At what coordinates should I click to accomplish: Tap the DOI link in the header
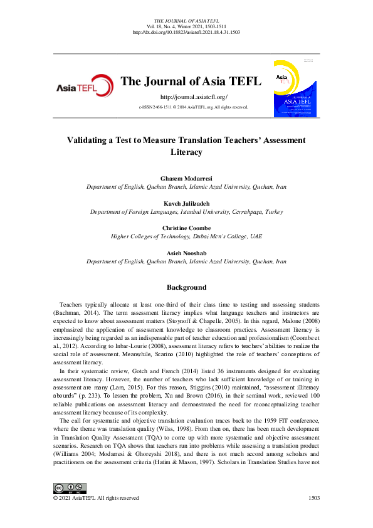pyautogui.click(x=186, y=32)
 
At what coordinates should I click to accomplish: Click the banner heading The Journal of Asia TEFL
pyautogui.click(x=194, y=81)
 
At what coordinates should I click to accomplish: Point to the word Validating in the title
pyautogui.click(x=88, y=140)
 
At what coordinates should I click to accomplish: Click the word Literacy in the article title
pyautogui.click(x=186, y=152)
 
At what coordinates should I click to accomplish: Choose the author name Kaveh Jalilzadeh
pyautogui.click(x=186, y=204)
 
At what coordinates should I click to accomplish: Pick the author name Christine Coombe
pyautogui.click(x=186, y=228)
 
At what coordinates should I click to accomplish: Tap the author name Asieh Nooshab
pyautogui.click(x=186, y=253)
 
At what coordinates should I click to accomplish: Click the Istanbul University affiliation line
pyautogui.click(x=186, y=212)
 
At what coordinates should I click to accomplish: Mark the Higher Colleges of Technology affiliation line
pyautogui.click(x=186, y=236)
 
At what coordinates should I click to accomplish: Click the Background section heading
pyautogui.click(x=186, y=287)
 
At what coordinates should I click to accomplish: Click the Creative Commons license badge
pyautogui.click(x=70, y=488)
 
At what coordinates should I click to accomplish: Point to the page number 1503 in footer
pyautogui.click(x=315, y=498)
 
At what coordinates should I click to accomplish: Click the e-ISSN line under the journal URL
pyautogui.click(x=194, y=108)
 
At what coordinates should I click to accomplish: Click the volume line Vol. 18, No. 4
pyautogui.click(x=186, y=27)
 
